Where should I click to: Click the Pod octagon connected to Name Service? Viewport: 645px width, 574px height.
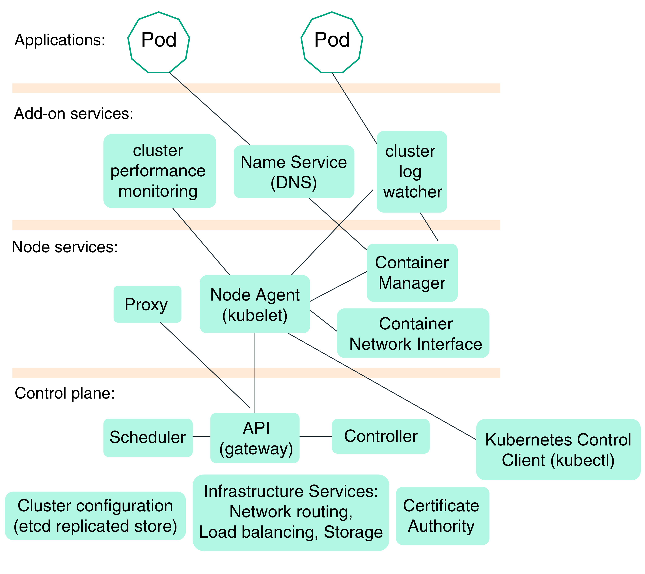point(159,42)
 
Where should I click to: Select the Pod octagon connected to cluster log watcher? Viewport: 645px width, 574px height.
point(332,42)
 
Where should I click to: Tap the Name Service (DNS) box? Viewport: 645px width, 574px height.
point(294,172)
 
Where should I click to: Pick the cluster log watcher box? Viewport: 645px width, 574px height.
point(411,172)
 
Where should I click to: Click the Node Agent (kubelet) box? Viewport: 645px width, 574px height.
point(255,304)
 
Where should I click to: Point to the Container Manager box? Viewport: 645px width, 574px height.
point(412,273)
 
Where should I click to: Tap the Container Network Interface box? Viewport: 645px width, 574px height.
point(413,333)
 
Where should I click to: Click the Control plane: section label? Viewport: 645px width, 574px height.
point(65,393)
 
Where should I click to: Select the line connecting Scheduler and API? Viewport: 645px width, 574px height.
point(201,436)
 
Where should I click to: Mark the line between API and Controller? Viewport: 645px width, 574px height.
point(316,436)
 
